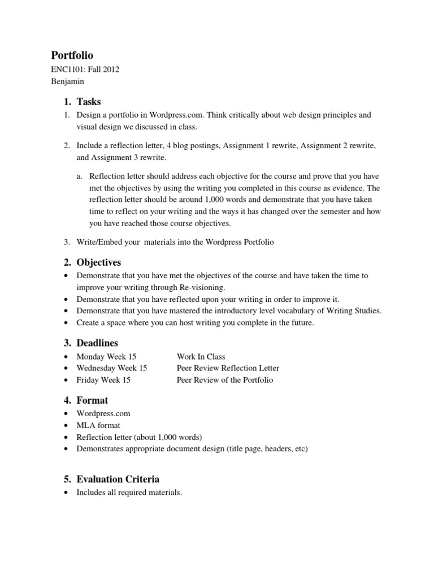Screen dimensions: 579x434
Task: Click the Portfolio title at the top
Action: pos(72,55)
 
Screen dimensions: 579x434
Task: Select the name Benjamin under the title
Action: pos(68,81)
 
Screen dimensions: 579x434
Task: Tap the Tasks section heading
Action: pos(88,102)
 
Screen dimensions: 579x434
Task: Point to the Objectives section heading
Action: pos(98,262)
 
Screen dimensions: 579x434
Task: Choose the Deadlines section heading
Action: pos(97,343)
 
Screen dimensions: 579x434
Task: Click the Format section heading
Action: pos(92,400)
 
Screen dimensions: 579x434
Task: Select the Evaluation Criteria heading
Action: pos(118,479)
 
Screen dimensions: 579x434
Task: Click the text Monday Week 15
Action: pos(107,357)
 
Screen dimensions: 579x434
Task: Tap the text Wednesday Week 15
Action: pos(112,368)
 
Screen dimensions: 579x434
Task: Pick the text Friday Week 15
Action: pos(103,380)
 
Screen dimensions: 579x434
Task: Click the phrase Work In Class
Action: pos(201,357)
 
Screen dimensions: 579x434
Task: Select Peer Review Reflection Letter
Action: pos(228,368)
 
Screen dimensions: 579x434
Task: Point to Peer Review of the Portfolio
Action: pos(225,380)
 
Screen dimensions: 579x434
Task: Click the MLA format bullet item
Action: pos(98,425)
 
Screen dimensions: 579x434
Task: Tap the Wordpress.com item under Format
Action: pos(103,414)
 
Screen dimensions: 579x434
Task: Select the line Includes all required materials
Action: pos(129,492)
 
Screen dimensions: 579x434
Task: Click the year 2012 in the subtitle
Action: pos(110,70)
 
